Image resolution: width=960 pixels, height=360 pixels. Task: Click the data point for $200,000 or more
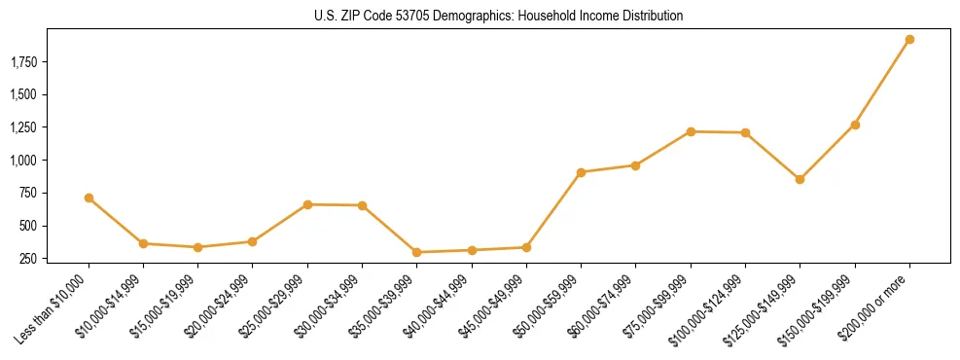(x=909, y=40)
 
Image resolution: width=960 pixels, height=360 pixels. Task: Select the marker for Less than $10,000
(x=89, y=198)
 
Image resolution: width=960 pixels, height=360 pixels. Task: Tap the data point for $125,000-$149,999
(x=800, y=179)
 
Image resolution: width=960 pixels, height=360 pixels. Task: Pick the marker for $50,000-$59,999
(x=581, y=172)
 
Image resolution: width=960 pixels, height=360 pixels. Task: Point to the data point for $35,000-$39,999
(x=416, y=252)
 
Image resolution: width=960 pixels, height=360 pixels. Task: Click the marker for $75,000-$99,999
(x=691, y=131)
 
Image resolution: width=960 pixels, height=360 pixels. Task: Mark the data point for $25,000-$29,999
(x=307, y=204)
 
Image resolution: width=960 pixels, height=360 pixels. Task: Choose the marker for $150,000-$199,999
(x=855, y=125)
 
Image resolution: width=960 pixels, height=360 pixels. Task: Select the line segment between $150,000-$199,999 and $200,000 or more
(x=882, y=83)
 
